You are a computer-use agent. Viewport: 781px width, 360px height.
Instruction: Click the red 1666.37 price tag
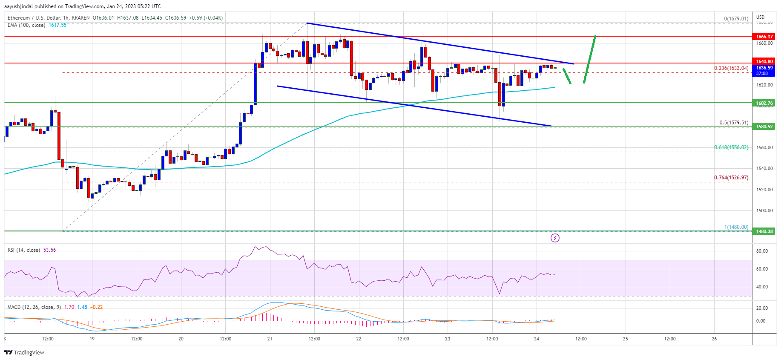click(764, 37)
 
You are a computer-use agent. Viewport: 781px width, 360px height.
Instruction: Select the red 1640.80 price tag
click(764, 61)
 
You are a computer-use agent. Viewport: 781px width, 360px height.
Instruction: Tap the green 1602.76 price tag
click(764, 103)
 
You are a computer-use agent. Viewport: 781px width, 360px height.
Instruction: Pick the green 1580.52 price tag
click(764, 127)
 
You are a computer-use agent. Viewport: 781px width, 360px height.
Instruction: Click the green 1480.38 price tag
click(764, 231)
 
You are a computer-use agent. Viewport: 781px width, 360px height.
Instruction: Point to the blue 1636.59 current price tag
click(764, 68)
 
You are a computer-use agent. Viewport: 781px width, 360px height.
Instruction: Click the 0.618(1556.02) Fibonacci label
click(731, 147)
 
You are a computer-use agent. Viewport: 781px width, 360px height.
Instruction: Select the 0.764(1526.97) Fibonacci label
click(731, 178)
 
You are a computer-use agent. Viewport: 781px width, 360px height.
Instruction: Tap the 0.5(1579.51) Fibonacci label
click(733, 123)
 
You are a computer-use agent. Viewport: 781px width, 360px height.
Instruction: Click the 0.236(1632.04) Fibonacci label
click(731, 68)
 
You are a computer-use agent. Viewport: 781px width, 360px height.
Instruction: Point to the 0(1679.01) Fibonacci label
click(736, 19)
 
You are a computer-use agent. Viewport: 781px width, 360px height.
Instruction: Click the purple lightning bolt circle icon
click(555, 238)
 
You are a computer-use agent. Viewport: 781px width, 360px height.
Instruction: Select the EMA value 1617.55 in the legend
click(57, 25)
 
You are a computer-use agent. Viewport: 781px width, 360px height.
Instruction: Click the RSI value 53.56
click(49, 250)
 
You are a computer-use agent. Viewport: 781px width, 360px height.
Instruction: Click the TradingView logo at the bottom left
click(24, 352)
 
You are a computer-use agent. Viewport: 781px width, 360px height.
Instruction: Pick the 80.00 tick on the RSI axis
click(762, 251)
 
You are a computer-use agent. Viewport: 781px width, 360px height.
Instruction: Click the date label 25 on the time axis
click(625, 339)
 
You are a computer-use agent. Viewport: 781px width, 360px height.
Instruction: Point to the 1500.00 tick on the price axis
click(764, 210)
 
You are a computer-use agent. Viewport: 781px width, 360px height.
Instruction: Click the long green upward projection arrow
click(590, 60)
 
